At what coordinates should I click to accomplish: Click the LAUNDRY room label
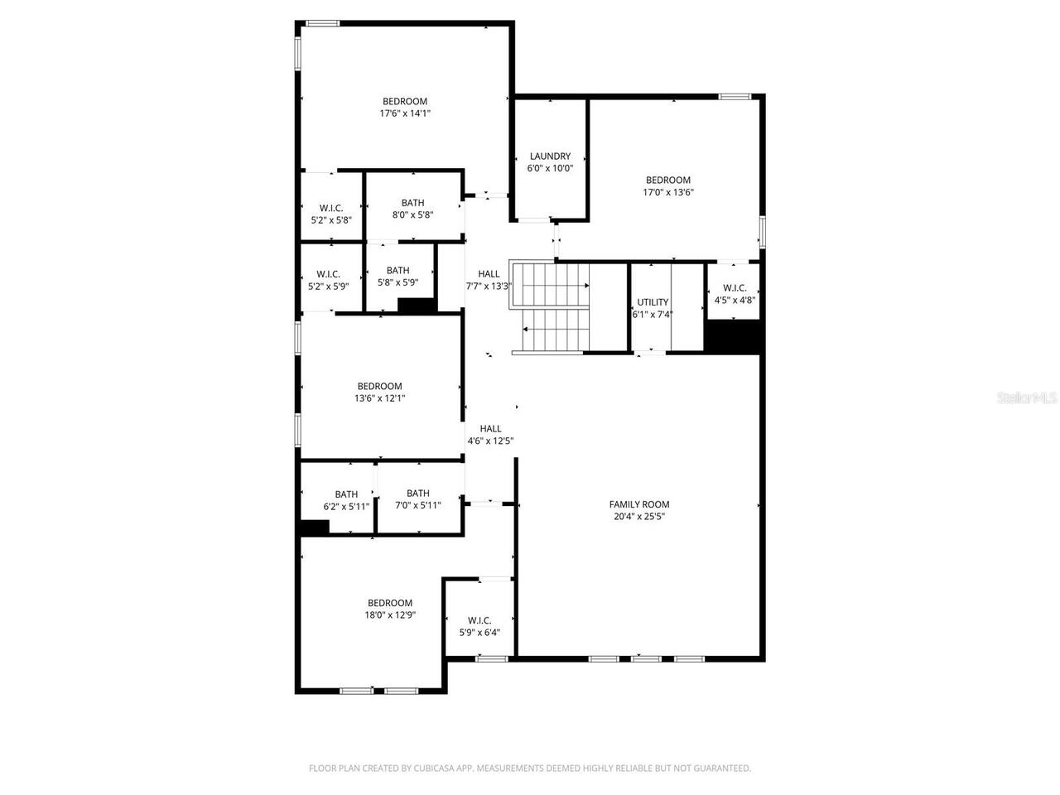(x=550, y=156)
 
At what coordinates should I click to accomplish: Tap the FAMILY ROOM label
(x=638, y=504)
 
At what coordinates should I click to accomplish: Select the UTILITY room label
(x=652, y=302)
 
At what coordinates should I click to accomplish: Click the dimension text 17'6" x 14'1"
(x=405, y=113)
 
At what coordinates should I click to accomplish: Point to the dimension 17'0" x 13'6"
(x=667, y=192)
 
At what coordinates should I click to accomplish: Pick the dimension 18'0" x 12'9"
(x=389, y=615)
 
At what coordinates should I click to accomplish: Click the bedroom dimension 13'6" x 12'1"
(x=379, y=397)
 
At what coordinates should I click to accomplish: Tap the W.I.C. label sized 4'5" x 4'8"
(x=734, y=288)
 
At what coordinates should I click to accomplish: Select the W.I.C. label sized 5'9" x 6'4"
(x=479, y=620)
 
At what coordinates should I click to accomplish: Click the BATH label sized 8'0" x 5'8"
(x=412, y=203)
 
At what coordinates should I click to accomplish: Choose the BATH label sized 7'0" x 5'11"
(x=417, y=494)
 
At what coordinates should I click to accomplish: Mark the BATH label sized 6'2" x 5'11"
(x=346, y=494)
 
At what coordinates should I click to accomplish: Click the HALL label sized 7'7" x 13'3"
(x=489, y=274)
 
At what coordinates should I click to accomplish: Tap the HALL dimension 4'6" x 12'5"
(x=490, y=441)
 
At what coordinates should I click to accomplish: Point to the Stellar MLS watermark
(x=1027, y=398)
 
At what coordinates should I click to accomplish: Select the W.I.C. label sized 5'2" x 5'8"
(x=330, y=208)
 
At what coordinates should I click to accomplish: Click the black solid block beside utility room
(x=732, y=337)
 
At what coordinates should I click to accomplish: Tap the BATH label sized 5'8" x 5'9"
(x=397, y=270)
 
